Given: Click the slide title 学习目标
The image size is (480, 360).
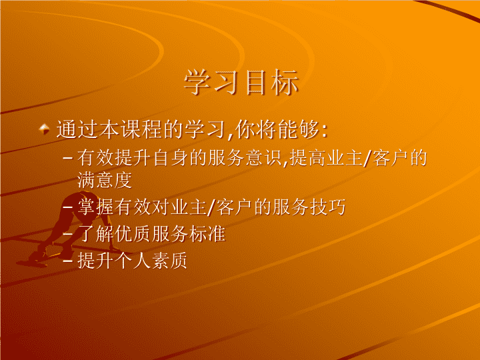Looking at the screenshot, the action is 241,82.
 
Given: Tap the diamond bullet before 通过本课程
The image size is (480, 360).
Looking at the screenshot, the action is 45,129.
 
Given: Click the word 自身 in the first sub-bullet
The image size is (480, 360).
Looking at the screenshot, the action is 171,158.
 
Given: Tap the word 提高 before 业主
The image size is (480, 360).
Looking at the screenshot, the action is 307,158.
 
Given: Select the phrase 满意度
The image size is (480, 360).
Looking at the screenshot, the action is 105,180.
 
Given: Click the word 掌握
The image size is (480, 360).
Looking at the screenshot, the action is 95,207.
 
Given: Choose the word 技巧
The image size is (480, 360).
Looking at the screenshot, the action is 327,207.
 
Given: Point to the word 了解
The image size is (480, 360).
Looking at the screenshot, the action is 95,234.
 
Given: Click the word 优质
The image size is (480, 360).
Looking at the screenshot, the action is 133,234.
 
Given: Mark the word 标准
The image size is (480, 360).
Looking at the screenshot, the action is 207,234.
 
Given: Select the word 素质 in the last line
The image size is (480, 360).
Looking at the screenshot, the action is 169,261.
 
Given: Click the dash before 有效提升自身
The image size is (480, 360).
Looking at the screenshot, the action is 67,158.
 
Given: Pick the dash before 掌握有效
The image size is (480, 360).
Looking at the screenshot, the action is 67,207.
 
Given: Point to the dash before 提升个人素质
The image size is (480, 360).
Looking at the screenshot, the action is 67,261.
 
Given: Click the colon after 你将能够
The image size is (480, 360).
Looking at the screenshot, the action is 325,131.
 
